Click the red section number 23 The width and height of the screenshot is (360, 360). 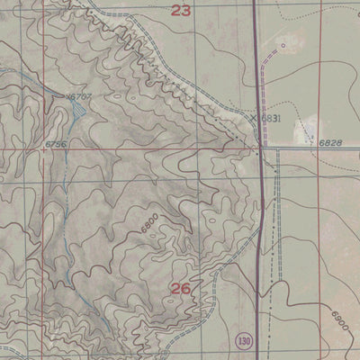coord(182,11)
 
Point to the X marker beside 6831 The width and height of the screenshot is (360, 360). coord(254,118)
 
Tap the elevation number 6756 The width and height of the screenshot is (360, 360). coord(56,144)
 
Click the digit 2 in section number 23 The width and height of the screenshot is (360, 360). coord(175,11)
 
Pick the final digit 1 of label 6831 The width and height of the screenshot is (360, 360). coord(281,118)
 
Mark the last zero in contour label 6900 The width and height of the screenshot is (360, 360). coord(346,325)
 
